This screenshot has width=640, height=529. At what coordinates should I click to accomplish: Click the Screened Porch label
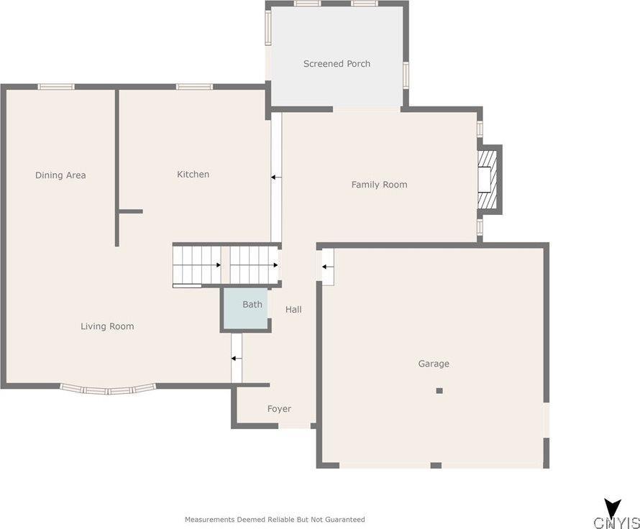337,64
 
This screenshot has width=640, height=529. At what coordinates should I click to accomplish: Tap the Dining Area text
60,175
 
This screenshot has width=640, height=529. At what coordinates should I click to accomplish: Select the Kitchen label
193,175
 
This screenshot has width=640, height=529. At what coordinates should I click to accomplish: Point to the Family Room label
379,185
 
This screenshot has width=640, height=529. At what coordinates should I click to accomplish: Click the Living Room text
107,326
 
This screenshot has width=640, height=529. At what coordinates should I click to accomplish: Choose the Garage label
434,364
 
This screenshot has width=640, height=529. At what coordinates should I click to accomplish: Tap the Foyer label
279,409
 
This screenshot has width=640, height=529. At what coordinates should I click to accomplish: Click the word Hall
293,310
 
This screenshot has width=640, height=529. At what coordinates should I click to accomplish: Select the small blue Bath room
246,309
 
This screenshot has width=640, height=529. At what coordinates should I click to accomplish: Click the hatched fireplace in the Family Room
488,179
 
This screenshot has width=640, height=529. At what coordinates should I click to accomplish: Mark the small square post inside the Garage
439,390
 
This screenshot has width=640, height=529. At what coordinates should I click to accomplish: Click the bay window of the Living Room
108,390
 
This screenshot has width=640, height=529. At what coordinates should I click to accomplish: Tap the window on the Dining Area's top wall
56,87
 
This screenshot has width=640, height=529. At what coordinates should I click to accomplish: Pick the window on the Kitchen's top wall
194,87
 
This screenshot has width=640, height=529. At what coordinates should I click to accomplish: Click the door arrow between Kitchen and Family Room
275,177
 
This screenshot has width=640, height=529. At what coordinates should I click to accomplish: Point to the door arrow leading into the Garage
327,267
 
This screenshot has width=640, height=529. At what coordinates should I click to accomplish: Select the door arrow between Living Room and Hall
236,357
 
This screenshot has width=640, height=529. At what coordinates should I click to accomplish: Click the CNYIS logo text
616,522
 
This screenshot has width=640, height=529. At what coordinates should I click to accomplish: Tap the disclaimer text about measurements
275,519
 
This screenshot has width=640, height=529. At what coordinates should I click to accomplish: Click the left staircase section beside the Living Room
196,264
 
